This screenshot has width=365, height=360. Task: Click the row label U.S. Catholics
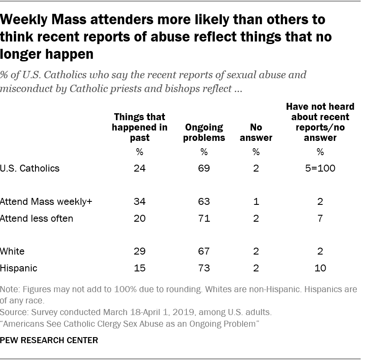pos(30,168)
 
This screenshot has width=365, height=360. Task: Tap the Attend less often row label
pos(37,218)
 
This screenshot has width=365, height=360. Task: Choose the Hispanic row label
pos(19,268)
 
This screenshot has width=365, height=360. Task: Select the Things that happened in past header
pos(140,127)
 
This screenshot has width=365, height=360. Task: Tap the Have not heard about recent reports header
pos(320,122)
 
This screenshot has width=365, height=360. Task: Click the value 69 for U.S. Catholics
pos(204,168)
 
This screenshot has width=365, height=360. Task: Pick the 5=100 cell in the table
pos(320,168)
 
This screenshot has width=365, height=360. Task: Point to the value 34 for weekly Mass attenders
pos(140,201)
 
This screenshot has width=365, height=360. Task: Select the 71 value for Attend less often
pos(204,218)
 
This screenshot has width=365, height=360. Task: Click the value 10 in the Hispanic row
pos(320,268)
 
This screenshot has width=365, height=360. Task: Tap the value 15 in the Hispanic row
pos(140,268)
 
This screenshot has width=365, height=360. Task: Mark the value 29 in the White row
pos(140,251)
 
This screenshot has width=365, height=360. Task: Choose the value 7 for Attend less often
pos(320,218)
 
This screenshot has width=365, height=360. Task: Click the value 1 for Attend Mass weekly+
pos(256,201)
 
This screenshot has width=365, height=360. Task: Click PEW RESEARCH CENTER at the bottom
pos(49,341)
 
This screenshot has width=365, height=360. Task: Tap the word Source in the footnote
pos(13,312)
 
